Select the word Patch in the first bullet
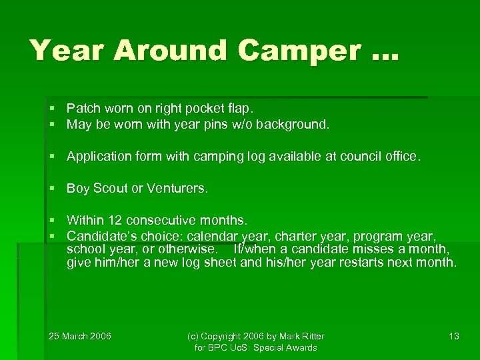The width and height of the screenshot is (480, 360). [81, 107]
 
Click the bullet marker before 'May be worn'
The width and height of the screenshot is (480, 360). [52, 124]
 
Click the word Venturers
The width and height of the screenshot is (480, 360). [177, 189]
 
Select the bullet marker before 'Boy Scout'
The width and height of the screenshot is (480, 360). [52, 189]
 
